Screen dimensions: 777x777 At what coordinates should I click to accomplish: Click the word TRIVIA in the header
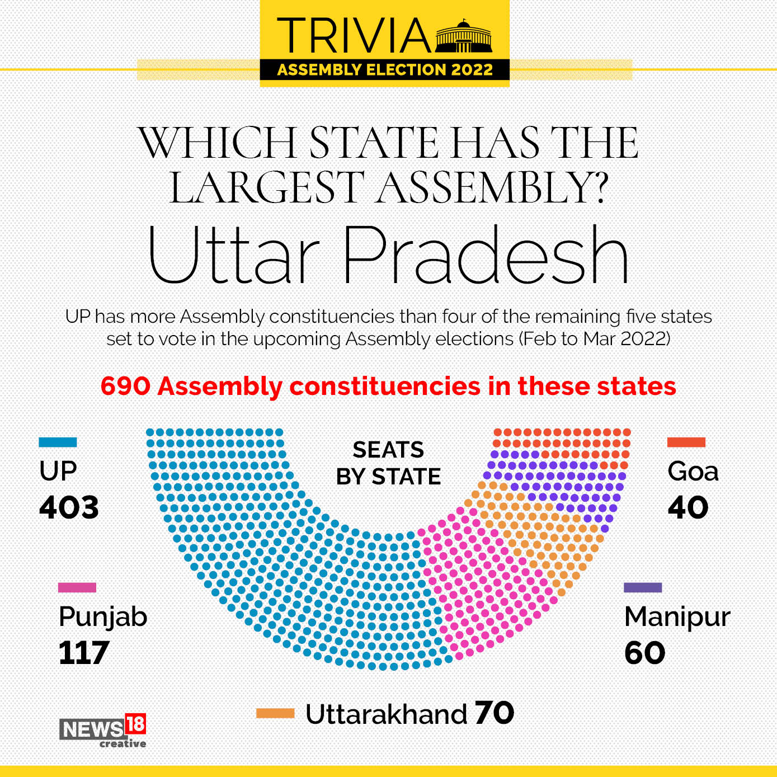pos(354,36)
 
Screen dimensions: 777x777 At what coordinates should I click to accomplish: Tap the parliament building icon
pos(464,37)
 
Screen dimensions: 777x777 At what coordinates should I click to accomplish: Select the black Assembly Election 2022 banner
pos(385,70)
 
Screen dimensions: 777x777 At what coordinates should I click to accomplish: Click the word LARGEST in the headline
pos(267,187)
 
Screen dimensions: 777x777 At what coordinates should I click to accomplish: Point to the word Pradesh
pos(485,255)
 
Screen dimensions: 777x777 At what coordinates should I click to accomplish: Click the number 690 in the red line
pos(125,386)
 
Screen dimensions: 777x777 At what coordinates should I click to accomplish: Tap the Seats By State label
pos(388,463)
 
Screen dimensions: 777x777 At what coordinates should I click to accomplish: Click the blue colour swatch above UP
pos(58,442)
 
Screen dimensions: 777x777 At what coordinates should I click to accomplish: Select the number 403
pos(69,507)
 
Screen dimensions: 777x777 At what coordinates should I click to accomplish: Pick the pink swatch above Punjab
pos(77,587)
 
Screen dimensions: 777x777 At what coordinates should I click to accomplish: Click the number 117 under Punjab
pos(84,653)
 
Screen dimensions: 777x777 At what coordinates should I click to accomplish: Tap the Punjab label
pos(103,617)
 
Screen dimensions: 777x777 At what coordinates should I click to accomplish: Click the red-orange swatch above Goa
pos(686,442)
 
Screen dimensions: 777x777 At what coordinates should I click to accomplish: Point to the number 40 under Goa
pos(688,507)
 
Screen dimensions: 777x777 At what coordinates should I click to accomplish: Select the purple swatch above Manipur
pos(643,587)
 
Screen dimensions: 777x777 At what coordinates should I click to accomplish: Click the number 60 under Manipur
pos(645,653)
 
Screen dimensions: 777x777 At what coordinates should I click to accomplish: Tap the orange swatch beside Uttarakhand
pos(275,713)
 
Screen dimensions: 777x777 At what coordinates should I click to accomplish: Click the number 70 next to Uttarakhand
pos(495,713)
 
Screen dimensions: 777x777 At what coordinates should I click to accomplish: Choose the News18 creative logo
pos(103,730)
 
